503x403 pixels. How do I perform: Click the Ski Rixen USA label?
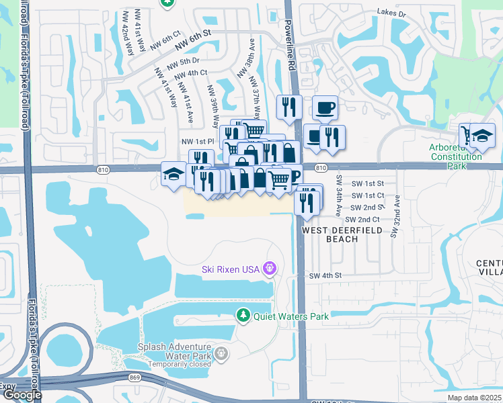point(231,269)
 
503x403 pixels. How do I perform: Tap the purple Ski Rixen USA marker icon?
point(270,269)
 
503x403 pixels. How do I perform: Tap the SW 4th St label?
point(325,275)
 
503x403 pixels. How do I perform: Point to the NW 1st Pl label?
point(197,142)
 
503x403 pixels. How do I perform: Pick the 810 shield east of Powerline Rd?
point(320,167)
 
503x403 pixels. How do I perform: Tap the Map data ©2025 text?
point(474,398)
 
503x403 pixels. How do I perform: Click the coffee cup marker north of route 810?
point(325,107)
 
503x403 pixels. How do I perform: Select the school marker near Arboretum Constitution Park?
point(482,136)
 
